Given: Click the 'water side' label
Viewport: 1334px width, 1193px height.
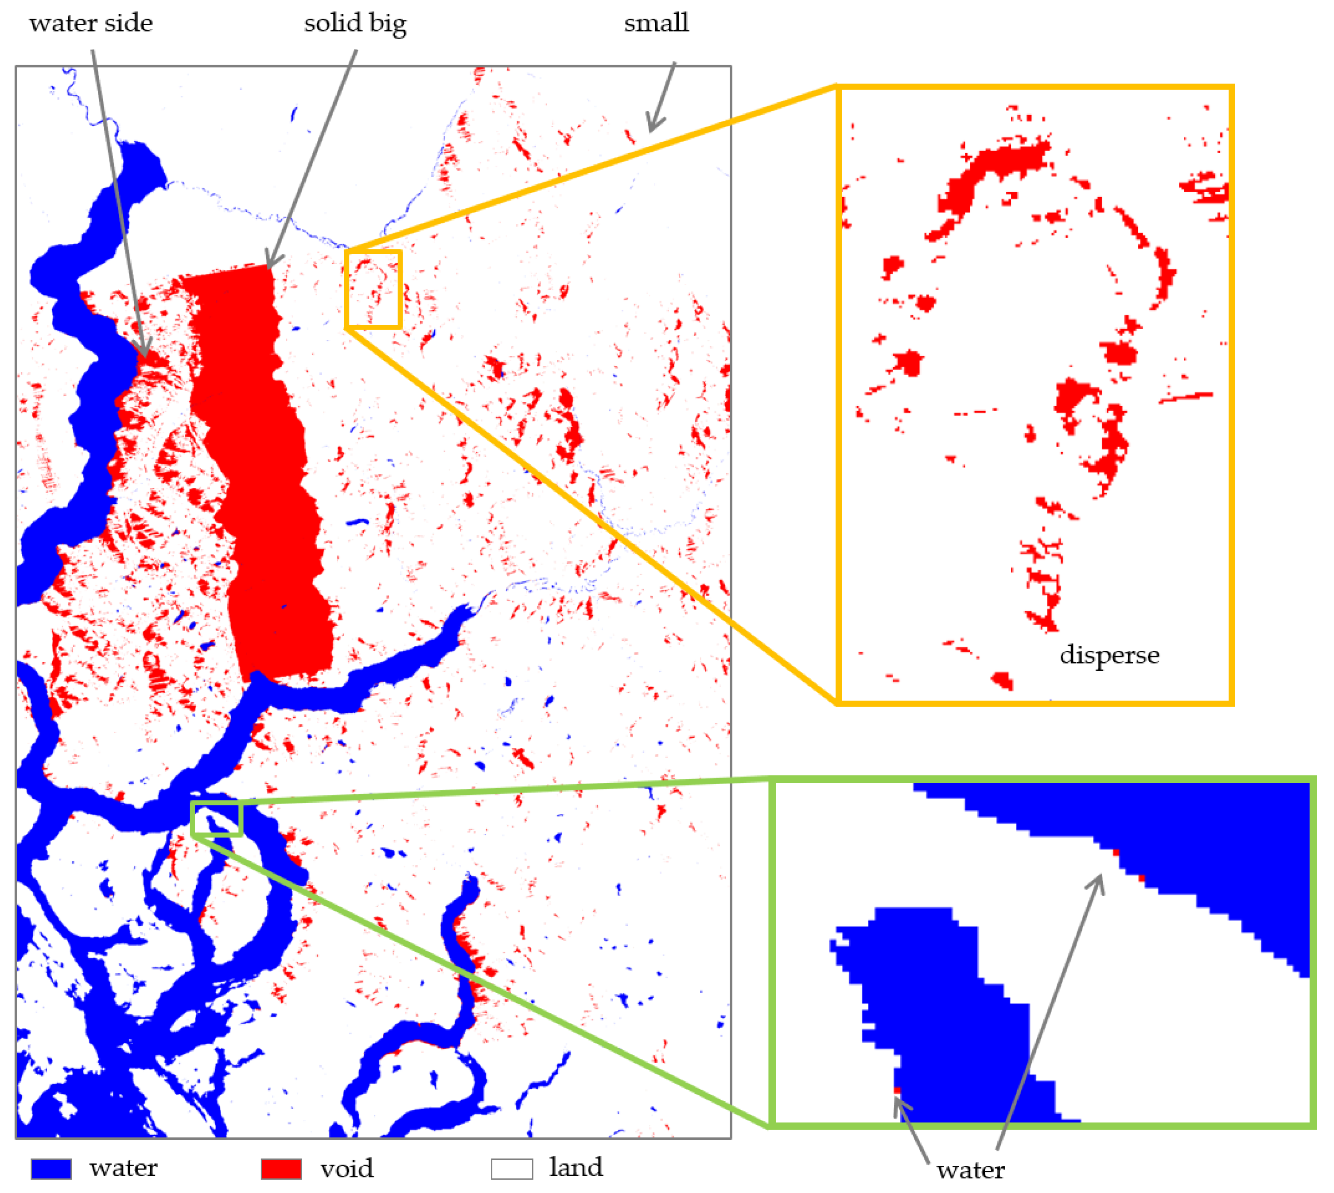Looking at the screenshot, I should [91, 23].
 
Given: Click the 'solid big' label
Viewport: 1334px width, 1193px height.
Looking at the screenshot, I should [354, 23].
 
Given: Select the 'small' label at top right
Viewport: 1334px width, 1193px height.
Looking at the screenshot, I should [656, 23].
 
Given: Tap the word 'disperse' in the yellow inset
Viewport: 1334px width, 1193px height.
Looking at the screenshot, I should [1108, 655].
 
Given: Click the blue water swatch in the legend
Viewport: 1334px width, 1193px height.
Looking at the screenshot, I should [51, 1168].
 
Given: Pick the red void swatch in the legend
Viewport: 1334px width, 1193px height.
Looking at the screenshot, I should [281, 1168].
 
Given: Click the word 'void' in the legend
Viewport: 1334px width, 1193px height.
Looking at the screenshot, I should [347, 1168].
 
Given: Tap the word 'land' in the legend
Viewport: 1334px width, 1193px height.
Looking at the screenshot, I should [576, 1167].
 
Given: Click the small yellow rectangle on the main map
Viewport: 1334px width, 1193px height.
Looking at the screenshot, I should [373, 289].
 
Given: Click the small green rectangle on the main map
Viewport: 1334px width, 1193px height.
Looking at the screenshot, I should [217, 818].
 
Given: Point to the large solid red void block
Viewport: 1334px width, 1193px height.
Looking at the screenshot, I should [262, 459].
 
